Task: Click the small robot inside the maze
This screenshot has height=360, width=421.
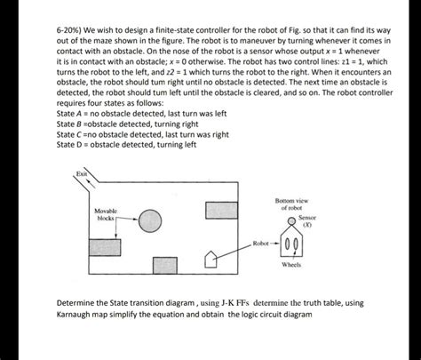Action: point(210,260)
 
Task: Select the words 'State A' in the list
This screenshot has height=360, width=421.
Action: point(70,115)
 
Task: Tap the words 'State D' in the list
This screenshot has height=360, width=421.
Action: point(70,144)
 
